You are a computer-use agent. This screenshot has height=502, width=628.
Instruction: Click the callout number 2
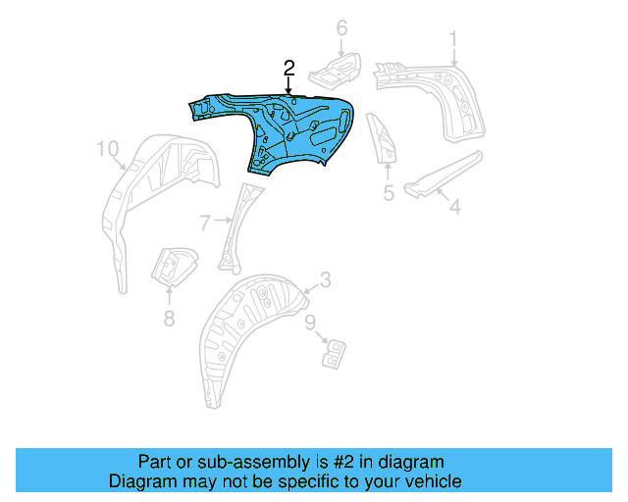click(288, 68)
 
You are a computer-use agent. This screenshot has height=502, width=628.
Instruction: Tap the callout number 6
click(341, 28)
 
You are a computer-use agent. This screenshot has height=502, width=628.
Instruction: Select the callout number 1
click(453, 38)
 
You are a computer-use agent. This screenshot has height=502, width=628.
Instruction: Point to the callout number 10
click(108, 148)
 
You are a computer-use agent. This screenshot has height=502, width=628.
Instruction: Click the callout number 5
click(389, 193)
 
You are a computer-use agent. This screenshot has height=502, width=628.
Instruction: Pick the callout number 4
click(454, 207)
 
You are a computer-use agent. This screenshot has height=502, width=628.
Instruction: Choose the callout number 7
click(204, 224)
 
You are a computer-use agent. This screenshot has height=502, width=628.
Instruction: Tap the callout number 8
click(169, 317)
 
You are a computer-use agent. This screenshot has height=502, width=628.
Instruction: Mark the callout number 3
click(325, 280)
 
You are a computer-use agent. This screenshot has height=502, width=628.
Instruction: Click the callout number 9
click(309, 321)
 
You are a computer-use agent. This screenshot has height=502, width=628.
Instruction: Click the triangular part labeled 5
click(383, 138)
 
